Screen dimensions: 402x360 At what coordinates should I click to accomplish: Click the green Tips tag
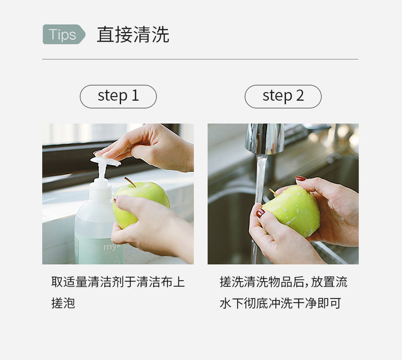[64, 34]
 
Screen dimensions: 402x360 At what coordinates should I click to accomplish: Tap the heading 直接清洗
[133, 34]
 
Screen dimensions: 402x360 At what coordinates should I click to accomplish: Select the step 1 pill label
[118, 96]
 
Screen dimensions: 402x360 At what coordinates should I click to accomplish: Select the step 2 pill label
[283, 96]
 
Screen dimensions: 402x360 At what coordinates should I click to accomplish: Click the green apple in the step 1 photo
[140, 203]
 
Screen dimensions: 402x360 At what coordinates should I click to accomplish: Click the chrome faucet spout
[265, 139]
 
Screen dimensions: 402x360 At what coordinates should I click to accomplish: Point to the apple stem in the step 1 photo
[130, 182]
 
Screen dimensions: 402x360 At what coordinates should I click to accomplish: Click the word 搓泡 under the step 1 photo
[63, 303]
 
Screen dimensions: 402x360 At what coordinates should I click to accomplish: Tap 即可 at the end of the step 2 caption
[329, 303]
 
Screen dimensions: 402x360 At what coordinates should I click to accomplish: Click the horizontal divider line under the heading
[200, 59]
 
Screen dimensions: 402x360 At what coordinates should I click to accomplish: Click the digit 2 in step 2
[300, 95]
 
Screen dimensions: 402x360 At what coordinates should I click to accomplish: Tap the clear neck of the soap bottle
[103, 189]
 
